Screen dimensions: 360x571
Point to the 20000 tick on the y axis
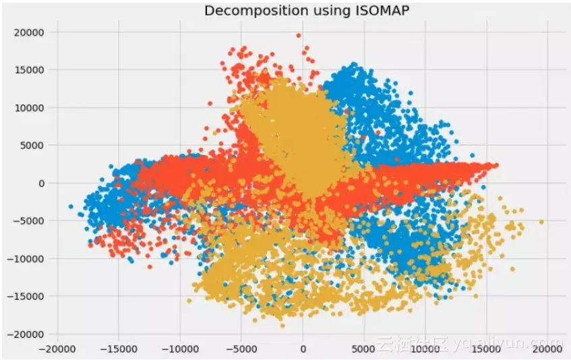[29, 32]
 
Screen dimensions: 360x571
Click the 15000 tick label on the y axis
[29, 69]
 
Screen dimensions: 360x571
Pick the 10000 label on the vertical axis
[29, 107]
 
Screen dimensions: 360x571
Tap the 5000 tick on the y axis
[32, 145]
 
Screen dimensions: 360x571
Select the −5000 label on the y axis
[29, 220]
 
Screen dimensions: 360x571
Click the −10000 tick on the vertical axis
[26, 258]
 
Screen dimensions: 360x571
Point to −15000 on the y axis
[26, 296]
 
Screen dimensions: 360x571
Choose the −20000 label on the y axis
[26, 334]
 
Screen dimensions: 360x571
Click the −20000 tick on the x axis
[57, 351]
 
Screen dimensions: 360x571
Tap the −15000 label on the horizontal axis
[118, 351]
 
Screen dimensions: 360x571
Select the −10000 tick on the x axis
[179, 351]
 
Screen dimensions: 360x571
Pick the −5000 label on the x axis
[241, 351]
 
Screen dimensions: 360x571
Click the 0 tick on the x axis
[303, 351]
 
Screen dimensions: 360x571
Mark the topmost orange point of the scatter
[299, 35]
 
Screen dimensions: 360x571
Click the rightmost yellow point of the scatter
[541, 221]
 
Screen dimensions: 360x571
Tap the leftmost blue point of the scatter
[71, 206]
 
